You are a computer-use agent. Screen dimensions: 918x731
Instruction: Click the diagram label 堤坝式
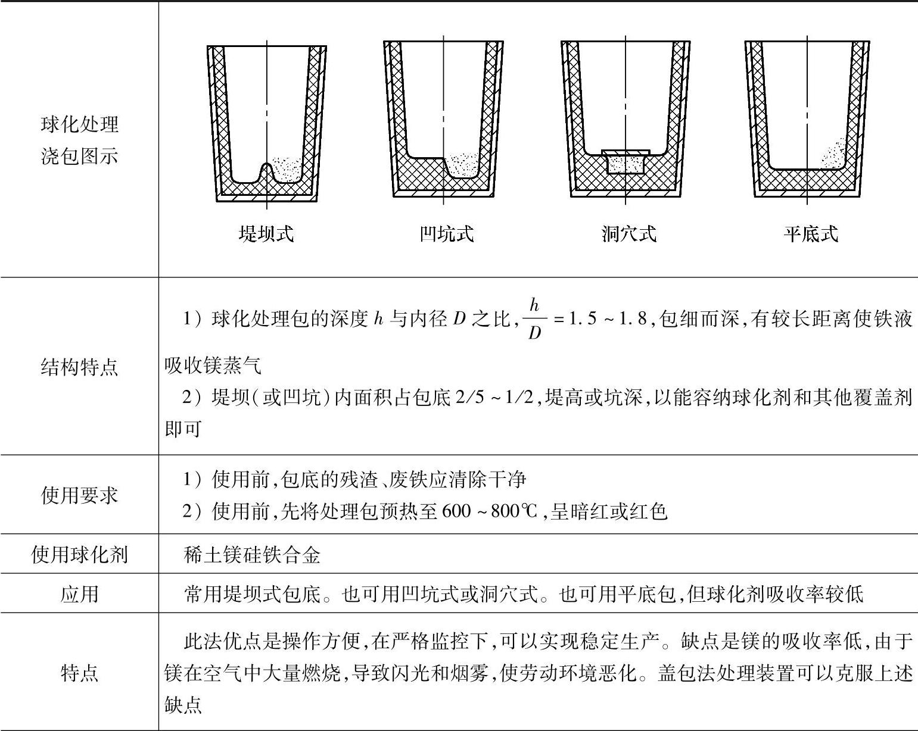pos(266,233)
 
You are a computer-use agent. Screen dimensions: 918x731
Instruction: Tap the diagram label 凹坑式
pos(447,233)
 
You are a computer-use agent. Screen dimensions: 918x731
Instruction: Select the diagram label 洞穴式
pos(628,233)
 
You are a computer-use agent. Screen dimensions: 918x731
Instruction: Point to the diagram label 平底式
pos(810,233)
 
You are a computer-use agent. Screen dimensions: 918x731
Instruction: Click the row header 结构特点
pos(79,367)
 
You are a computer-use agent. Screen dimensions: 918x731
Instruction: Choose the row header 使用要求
pos(79,495)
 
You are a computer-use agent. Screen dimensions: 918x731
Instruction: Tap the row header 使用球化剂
pos(79,555)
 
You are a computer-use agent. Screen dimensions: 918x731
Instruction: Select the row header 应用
pos(79,593)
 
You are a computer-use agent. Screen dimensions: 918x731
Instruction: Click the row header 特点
pos(79,673)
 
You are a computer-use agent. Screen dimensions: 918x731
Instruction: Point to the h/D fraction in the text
pos(534,319)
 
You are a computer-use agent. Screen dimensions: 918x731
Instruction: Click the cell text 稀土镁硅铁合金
pos(253,555)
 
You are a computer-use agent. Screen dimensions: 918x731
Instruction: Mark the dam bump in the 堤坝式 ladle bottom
pos(266,173)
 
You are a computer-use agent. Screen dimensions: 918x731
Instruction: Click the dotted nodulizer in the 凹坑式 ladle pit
pos(463,164)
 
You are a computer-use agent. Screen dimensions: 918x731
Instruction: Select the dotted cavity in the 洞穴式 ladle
pos(625,164)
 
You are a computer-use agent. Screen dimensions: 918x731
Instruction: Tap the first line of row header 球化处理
pos(79,124)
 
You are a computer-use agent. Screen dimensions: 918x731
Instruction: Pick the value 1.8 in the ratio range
pos(633,320)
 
